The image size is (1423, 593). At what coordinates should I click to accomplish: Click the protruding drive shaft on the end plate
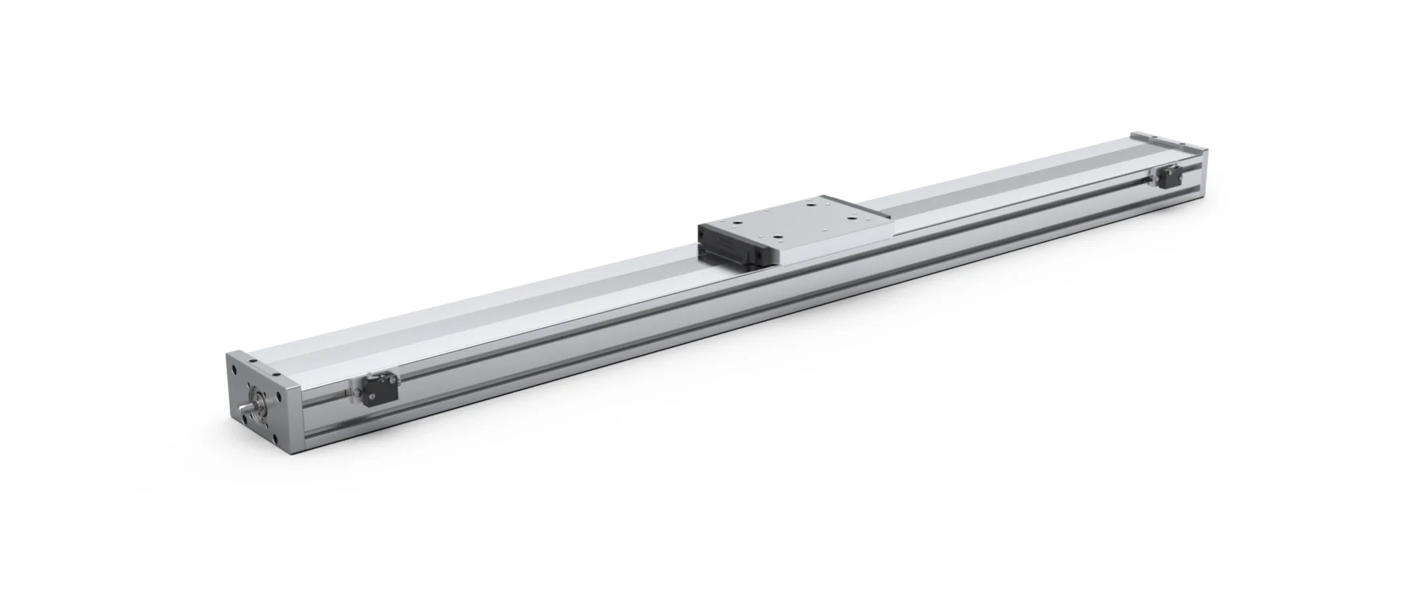[246, 406]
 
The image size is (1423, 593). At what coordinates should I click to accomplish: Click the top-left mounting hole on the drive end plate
[234, 369]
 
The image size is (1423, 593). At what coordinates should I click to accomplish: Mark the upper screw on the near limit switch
[392, 380]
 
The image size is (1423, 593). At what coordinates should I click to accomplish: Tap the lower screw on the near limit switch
[372, 396]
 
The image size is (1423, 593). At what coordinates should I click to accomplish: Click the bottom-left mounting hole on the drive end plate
[245, 419]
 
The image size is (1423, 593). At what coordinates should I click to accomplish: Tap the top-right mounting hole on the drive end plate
[279, 396]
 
